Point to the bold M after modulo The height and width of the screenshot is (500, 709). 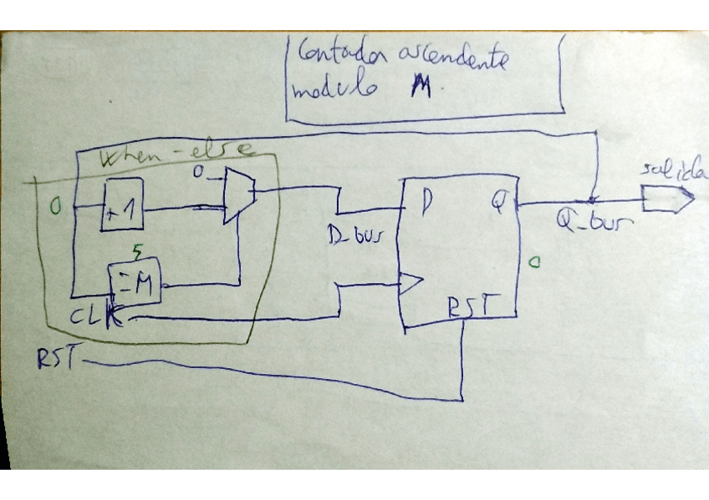(420, 88)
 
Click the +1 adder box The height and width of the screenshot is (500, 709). (123, 205)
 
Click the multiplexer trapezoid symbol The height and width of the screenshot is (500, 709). (238, 195)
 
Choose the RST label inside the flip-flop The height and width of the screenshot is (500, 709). (468, 309)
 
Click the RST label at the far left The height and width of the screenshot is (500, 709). (57, 359)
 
